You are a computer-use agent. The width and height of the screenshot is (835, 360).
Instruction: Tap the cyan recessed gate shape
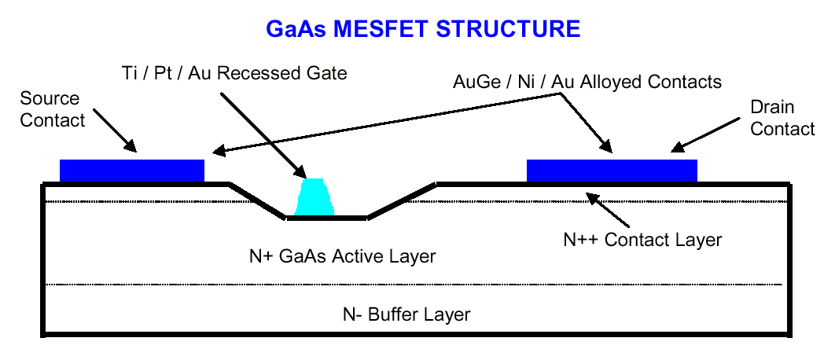click(x=314, y=199)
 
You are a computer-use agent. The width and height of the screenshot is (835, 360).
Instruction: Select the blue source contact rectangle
click(x=132, y=170)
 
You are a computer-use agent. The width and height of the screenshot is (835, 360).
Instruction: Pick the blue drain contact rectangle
click(x=611, y=170)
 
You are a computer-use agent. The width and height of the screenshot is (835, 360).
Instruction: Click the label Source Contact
click(x=50, y=109)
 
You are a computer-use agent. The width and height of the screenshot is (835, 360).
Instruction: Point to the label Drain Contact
click(x=782, y=117)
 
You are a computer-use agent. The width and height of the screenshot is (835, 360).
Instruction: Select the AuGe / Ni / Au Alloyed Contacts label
click(x=587, y=81)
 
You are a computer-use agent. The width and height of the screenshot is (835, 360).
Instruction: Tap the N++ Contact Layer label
click(x=642, y=238)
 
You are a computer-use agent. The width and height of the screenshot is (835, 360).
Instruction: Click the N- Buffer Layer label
click(x=406, y=315)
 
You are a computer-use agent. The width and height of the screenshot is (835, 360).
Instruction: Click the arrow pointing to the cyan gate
click(x=260, y=134)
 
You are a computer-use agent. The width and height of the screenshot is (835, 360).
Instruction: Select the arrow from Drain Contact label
click(x=701, y=138)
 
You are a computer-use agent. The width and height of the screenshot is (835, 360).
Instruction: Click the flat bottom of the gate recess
click(x=326, y=218)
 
